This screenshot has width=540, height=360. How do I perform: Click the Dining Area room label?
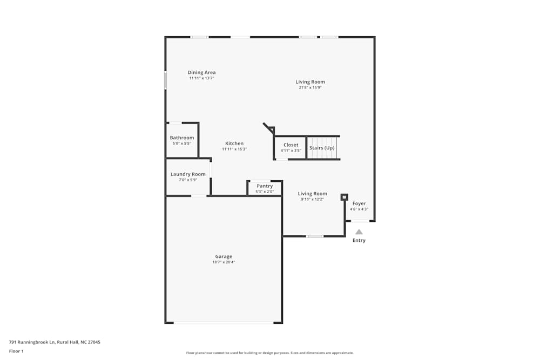[201, 72]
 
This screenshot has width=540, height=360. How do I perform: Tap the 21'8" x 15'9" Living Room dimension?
[310, 88]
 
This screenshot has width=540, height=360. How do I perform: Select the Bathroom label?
[181, 138]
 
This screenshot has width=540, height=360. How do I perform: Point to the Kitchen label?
[234, 144]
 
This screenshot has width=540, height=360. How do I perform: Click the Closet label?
[291, 145]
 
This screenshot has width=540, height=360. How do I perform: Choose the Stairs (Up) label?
[322, 148]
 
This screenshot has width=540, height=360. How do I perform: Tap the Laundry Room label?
[188, 174]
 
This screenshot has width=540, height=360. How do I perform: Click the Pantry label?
[265, 186]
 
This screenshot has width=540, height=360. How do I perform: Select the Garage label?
[224, 256]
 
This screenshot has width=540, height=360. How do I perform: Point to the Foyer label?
[359, 203]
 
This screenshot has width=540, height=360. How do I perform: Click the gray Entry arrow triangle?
[359, 232]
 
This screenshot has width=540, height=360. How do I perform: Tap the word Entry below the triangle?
[359, 240]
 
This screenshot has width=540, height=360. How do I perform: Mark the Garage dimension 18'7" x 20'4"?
[224, 262]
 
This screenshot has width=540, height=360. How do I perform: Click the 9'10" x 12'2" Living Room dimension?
[313, 199]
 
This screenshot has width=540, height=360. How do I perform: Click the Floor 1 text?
[16, 351]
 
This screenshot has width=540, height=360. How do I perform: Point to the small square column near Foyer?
[344, 197]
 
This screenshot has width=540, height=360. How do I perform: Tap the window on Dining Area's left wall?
[165, 80]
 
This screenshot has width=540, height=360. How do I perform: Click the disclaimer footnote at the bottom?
[270, 353]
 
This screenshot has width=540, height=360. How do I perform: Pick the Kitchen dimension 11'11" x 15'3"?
[234, 150]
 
